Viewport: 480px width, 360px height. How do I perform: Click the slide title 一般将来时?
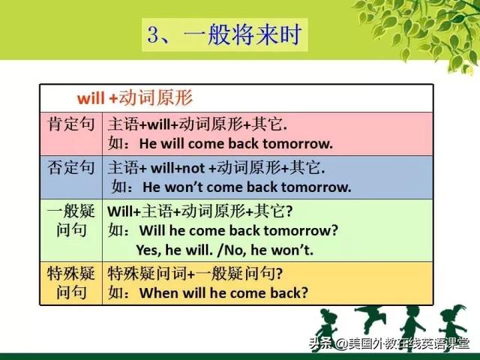[242, 34]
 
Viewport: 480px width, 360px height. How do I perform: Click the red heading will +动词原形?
[135, 97]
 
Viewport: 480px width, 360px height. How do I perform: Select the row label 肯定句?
[70, 124]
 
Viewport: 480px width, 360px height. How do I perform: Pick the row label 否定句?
[70, 167]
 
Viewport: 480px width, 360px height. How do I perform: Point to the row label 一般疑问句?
[70, 220]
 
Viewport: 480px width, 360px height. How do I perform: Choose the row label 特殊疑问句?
[70, 283]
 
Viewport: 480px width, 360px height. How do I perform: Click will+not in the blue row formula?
[178, 168]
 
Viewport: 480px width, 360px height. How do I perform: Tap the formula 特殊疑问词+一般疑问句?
[195, 273]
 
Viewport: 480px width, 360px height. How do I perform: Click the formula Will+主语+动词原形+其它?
[200, 211]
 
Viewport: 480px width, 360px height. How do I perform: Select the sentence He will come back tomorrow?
[235, 144]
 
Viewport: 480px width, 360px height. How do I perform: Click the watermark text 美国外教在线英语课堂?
[409, 344]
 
